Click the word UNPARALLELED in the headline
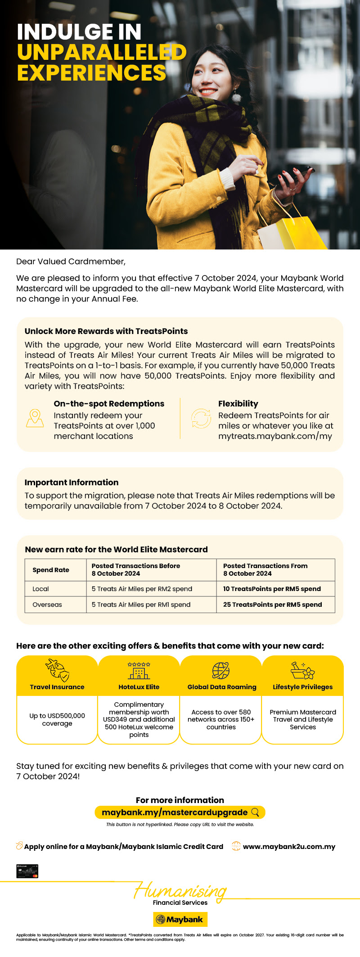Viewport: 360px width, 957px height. (x=102, y=52)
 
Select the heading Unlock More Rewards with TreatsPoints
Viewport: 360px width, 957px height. (x=106, y=331)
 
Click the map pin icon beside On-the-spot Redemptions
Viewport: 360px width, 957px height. (x=35, y=419)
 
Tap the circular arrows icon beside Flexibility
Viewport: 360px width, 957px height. (x=201, y=419)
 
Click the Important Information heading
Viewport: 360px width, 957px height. (x=72, y=483)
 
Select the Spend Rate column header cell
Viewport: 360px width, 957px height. (x=51, y=570)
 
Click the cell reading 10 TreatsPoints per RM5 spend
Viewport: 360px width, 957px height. (x=272, y=589)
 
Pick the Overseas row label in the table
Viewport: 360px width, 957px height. (x=47, y=605)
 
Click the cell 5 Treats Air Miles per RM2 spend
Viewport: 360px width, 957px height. (x=142, y=589)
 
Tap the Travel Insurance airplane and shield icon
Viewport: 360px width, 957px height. (x=57, y=670)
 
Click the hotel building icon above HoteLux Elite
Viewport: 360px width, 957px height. (x=139, y=671)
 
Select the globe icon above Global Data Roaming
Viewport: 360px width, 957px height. (x=221, y=671)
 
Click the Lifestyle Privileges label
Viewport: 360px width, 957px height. (x=302, y=687)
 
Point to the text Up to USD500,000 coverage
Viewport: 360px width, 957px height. (x=57, y=719)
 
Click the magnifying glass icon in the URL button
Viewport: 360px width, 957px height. (x=255, y=812)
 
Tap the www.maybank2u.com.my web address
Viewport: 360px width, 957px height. (x=289, y=847)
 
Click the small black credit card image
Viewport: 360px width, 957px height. (x=27, y=871)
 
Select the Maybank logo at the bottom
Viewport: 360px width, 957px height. (x=180, y=920)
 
